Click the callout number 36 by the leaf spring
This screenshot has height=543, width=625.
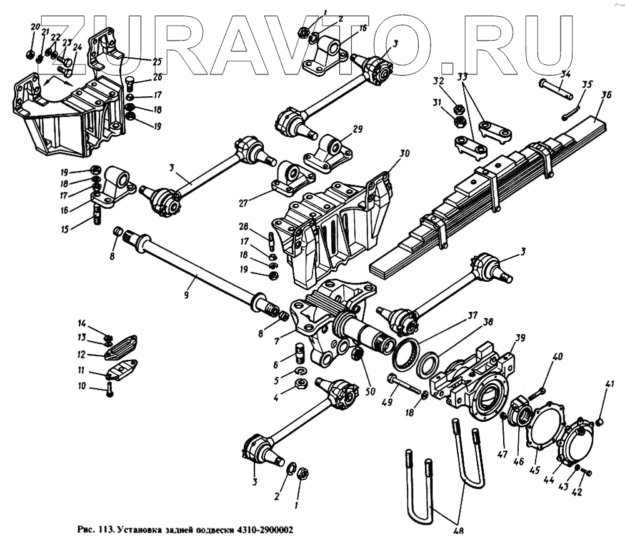pyautogui.click(x=606, y=96)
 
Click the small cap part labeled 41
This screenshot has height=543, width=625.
pyautogui.click(x=598, y=423)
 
